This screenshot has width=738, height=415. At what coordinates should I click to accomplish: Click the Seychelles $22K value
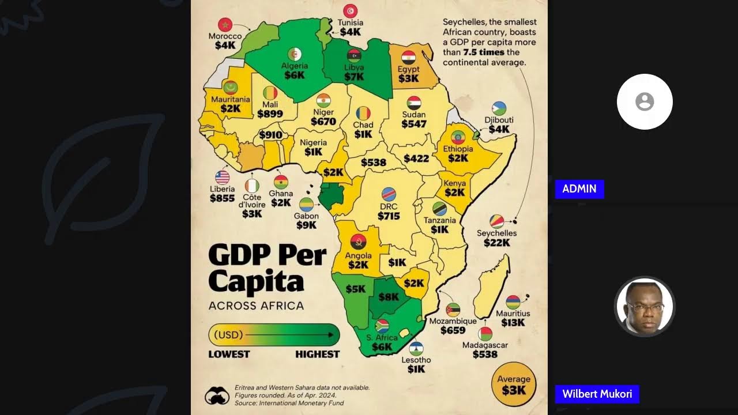[496, 243]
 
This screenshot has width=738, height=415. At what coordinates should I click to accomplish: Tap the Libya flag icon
[354, 56]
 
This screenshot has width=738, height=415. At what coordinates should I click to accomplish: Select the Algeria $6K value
[294, 75]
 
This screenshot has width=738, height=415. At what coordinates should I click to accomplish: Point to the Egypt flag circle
[408, 58]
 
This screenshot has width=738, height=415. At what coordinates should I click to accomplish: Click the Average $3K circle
[514, 384]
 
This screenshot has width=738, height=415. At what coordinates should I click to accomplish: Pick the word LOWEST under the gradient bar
[229, 354]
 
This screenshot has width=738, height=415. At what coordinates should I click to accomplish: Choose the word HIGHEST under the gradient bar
[317, 354]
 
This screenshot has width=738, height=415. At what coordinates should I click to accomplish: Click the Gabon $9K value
[306, 225]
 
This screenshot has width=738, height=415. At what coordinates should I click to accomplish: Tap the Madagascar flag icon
[485, 334]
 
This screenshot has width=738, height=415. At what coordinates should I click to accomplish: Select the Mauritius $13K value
[513, 323]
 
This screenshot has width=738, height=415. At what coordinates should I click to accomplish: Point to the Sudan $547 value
[414, 124]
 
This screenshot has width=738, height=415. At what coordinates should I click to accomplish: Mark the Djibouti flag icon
[499, 109]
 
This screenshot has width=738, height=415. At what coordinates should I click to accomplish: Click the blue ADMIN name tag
[579, 189]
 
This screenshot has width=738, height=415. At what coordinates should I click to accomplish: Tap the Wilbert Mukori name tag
[597, 394]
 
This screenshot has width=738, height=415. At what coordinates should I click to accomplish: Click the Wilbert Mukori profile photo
[644, 307]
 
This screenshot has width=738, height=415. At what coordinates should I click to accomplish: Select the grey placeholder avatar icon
[645, 102]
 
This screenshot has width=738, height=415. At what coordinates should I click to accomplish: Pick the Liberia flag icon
[222, 178]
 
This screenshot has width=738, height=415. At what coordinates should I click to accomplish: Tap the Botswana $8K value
[389, 297]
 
